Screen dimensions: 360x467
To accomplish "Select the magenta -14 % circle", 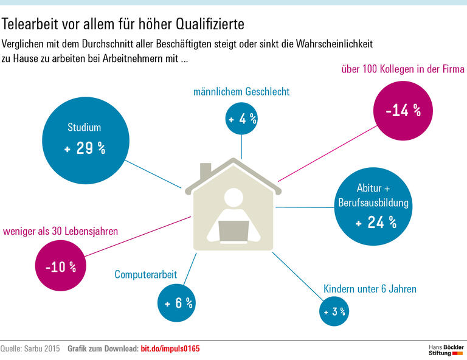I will tap(403, 110).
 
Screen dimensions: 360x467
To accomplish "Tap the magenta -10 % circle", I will tap(60, 266).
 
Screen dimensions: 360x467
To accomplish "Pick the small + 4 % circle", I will tap(242, 119).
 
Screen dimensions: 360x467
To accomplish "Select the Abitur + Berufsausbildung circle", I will tap(375, 205).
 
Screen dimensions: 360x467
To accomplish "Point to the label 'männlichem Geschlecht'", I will tap(241, 92).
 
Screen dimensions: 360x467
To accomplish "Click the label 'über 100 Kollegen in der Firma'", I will tap(394, 70).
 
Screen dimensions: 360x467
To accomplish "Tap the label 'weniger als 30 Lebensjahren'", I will tap(61, 231).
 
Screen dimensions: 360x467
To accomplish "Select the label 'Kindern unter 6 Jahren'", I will tap(370, 288).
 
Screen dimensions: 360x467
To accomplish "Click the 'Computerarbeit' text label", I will tap(146, 275).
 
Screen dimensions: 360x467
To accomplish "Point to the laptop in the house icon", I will tap(234, 230).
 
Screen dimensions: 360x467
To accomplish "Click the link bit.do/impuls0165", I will tap(170, 348).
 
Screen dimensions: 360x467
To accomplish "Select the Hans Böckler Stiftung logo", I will tap(446, 350).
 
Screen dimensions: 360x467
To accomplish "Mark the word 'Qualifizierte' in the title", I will tap(209, 24).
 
